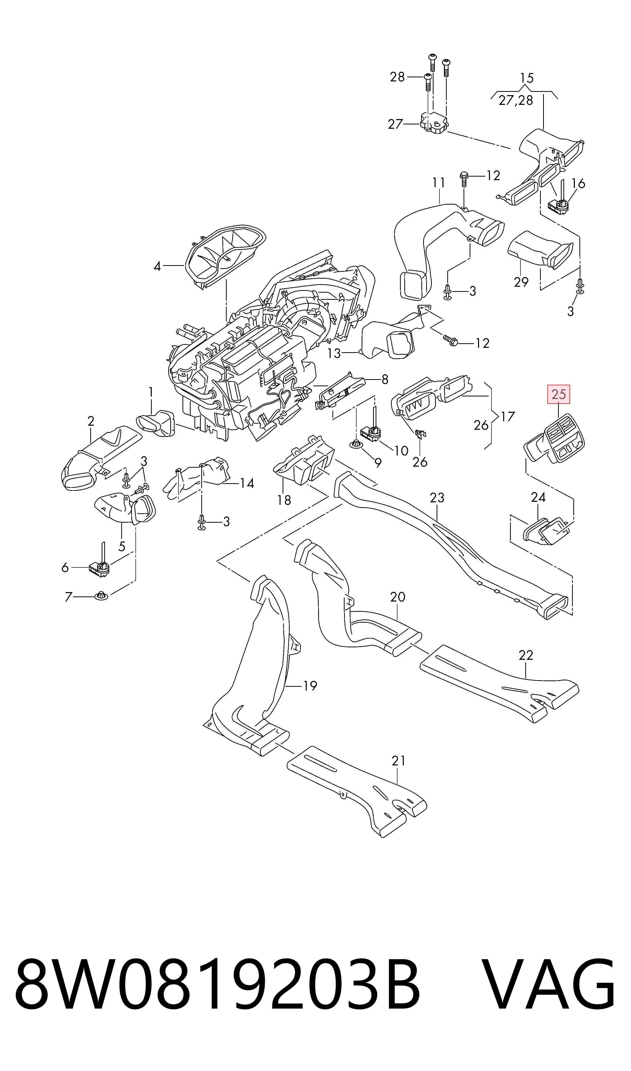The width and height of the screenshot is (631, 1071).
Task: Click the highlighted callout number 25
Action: pos(558,394)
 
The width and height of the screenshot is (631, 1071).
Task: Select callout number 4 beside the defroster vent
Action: pos(157,266)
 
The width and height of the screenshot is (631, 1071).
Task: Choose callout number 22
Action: pos(526,655)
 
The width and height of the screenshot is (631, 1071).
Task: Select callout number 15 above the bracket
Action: pos(526,78)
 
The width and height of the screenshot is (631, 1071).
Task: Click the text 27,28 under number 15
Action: pos(516,101)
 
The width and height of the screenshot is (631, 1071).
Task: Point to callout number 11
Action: pos(438,183)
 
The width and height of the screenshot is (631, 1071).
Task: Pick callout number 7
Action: pos(68,597)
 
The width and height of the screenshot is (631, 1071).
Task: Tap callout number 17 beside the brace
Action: pos(508,416)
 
